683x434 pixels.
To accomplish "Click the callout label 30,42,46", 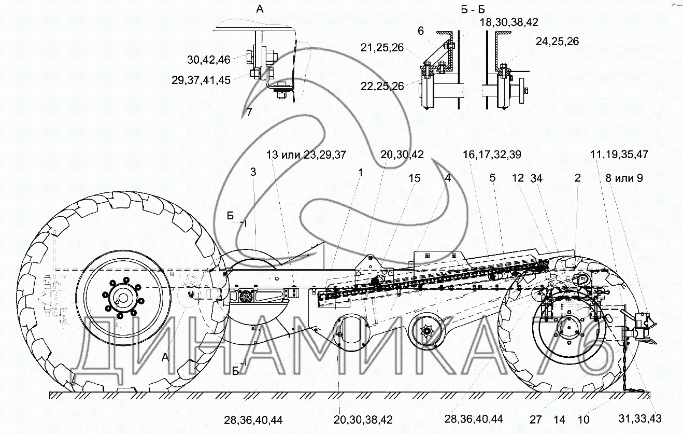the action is pyautogui.click(x=208, y=60).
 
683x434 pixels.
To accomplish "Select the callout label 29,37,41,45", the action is pyautogui.click(x=201, y=80).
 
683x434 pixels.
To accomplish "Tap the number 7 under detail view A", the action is pyautogui.click(x=249, y=112).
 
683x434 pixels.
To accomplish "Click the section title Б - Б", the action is pyautogui.click(x=473, y=10).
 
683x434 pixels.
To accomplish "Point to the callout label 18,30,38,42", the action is pyautogui.click(x=509, y=22).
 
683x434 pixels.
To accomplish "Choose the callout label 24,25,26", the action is pyautogui.click(x=557, y=41).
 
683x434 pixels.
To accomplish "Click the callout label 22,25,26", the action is pyautogui.click(x=382, y=86).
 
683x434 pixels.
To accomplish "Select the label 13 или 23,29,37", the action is pyautogui.click(x=306, y=155).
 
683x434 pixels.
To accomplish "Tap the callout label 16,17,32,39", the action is pyautogui.click(x=492, y=155).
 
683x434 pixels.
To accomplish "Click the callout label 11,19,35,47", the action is pyautogui.click(x=619, y=155).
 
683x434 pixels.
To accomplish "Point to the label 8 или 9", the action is pyautogui.click(x=624, y=178).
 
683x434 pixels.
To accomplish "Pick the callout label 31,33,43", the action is pyautogui.click(x=639, y=419).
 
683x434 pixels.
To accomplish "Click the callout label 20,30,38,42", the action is pyautogui.click(x=363, y=420).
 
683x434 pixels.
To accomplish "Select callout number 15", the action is pyautogui.click(x=415, y=178).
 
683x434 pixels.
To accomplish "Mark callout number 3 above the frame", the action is pyautogui.click(x=253, y=172).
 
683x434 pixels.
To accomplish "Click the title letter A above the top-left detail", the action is pyautogui.click(x=260, y=9).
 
